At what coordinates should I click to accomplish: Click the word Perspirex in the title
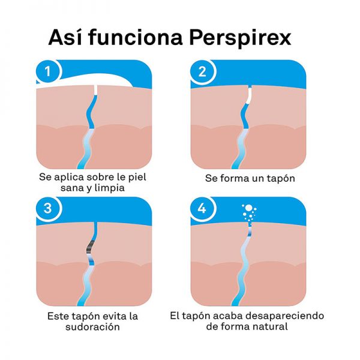240,38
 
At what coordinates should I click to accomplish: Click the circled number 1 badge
48,71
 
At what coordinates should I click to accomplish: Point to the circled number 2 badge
202,71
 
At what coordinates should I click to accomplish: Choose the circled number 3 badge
48,208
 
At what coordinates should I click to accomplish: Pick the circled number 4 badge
202,208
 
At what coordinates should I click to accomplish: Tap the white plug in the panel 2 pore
248,95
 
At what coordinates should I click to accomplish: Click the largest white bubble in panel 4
248,208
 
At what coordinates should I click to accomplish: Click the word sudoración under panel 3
92,326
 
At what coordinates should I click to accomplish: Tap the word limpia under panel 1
110,188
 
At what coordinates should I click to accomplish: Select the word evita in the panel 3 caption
115,316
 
